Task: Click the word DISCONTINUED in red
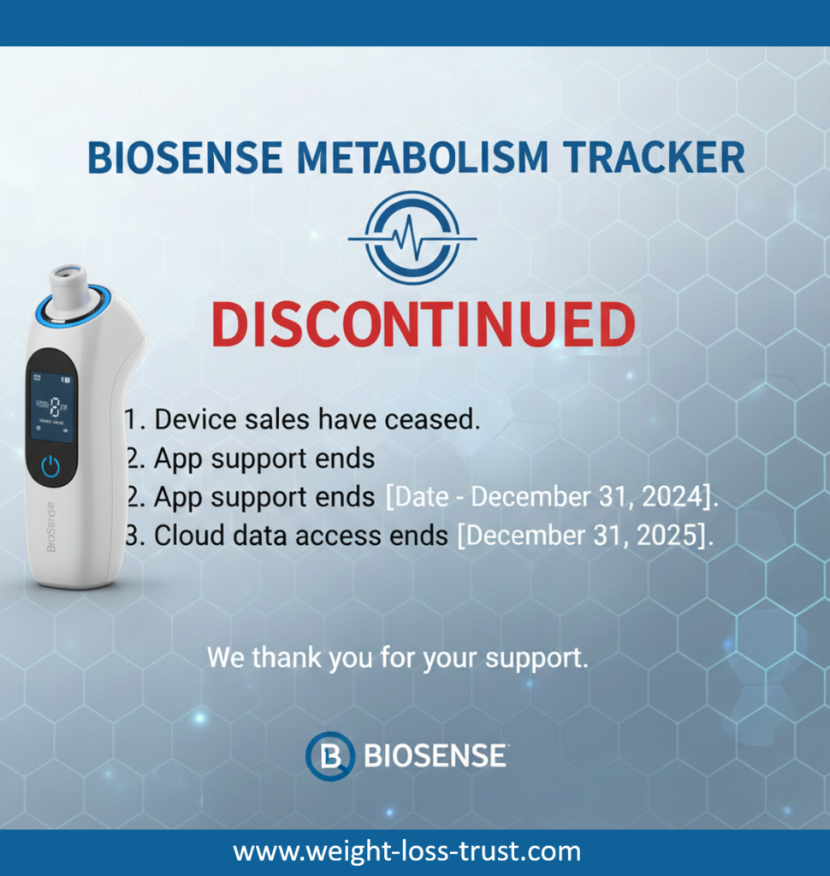click(423, 325)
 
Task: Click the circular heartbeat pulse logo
click(412, 237)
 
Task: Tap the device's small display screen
click(51, 406)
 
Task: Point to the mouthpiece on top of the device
click(68, 289)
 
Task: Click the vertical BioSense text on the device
click(50, 527)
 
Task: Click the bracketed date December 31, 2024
click(552, 497)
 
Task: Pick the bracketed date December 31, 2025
click(584, 536)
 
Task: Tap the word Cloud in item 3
click(184, 536)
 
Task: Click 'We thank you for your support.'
click(398, 660)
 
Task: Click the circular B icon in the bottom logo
click(329, 756)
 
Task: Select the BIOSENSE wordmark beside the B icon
click(435, 756)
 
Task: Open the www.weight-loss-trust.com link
click(407, 852)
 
